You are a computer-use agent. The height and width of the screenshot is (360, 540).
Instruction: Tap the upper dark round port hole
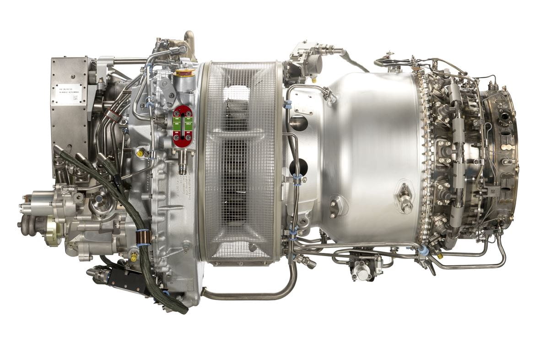pos(299,122)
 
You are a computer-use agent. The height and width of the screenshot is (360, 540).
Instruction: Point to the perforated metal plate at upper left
pos(69,114)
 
